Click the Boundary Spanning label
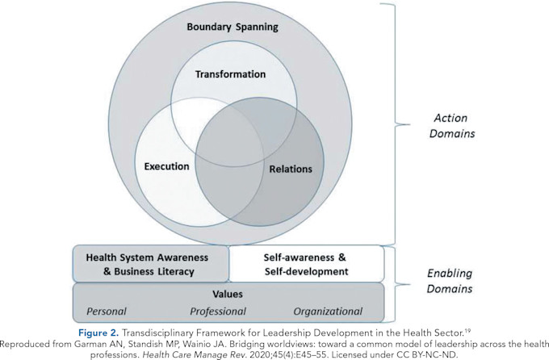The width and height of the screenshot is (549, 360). pyautogui.click(x=233, y=27)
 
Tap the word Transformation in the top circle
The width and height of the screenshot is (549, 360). pyautogui.click(x=230, y=74)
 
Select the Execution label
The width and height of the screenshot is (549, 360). pyautogui.click(x=166, y=166)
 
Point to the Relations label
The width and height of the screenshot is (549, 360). pyautogui.click(x=291, y=170)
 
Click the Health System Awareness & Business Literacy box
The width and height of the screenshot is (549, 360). pyautogui.click(x=150, y=264)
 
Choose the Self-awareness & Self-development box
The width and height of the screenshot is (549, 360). pyautogui.click(x=306, y=264)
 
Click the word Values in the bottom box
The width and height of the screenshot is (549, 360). pyautogui.click(x=228, y=294)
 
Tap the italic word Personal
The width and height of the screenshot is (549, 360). pyautogui.click(x=107, y=312)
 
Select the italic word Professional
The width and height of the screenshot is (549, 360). pyautogui.click(x=218, y=312)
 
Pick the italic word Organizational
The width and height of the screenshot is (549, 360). pyautogui.click(x=328, y=312)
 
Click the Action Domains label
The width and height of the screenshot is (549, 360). pyautogui.click(x=451, y=126)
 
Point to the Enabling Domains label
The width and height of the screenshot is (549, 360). pyautogui.click(x=450, y=281)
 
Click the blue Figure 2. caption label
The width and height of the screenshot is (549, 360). pyautogui.click(x=98, y=333)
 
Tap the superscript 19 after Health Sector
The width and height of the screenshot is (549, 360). pyautogui.click(x=467, y=330)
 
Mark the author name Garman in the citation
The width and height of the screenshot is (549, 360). pyautogui.click(x=87, y=344)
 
